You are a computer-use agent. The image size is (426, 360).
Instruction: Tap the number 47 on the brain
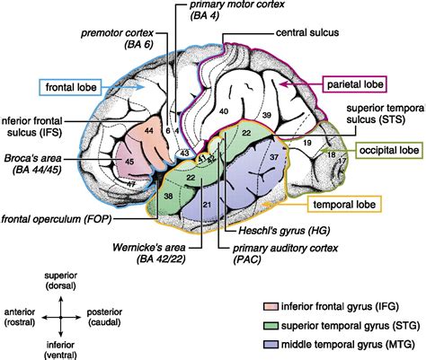[x=132, y=184]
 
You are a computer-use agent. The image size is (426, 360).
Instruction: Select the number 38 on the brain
[x=169, y=195]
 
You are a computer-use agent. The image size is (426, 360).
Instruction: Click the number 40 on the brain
[x=224, y=111]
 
